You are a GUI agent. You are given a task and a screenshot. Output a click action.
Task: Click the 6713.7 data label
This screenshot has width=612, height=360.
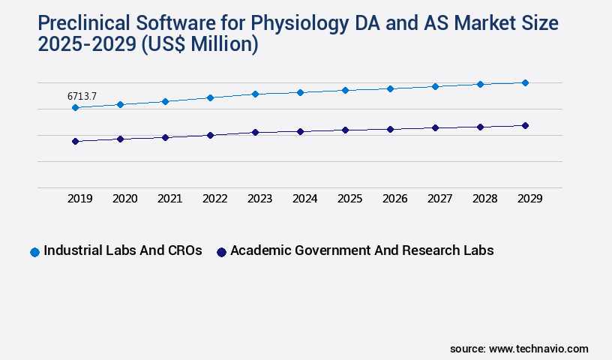[x=82, y=96]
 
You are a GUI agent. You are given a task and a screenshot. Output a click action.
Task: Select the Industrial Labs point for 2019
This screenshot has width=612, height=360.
[x=75, y=108]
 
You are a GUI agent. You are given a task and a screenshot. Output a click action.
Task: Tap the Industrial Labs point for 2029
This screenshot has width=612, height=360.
[x=525, y=82]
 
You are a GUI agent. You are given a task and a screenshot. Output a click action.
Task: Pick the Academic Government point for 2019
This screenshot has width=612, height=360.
[x=75, y=141]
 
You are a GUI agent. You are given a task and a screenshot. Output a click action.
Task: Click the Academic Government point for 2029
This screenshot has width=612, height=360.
[x=525, y=125]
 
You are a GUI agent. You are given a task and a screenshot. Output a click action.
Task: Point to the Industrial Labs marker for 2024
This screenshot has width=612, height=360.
[x=300, y=92]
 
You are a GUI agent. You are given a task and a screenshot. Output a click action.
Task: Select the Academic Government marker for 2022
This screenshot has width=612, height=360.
[x=210, y=135]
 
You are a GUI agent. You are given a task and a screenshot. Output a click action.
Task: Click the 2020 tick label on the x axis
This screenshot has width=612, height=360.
[x=124, y=199]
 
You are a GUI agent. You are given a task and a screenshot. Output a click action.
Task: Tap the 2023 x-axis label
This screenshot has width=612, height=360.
[x=259, y=199]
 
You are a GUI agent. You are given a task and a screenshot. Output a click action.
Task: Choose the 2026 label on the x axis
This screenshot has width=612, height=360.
[x=394, y=199]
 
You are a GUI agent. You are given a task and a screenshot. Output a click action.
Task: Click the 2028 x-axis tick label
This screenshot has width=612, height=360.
[x=484, y=199]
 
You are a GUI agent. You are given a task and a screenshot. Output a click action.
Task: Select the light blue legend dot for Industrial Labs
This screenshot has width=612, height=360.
[x=34, y=252]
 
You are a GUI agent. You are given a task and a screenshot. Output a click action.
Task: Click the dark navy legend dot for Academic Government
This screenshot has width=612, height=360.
[x=221, y=252]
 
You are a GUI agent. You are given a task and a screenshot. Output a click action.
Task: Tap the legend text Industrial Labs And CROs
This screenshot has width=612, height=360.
[x=123, y=251]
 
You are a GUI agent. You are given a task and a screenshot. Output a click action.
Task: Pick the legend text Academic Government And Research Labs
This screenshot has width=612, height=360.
[x=361, y=251]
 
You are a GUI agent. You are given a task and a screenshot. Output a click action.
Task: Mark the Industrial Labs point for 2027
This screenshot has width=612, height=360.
[x=435, y=86]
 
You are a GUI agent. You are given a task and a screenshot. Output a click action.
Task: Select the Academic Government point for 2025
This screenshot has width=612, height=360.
[x=345, y=130]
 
